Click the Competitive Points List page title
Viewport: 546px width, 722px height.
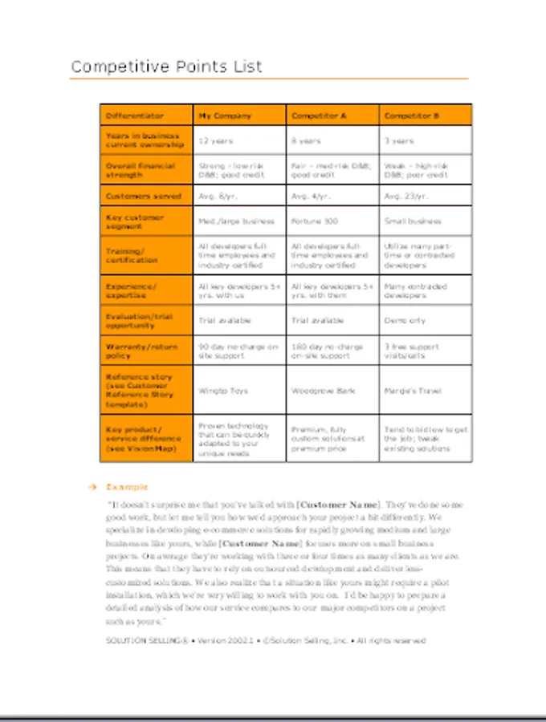pos(166,67)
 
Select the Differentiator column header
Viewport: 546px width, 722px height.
pos(134,116)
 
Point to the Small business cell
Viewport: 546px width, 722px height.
pos(413,221)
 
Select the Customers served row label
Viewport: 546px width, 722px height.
pos(144,196)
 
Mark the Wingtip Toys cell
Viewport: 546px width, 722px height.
pos(222,391)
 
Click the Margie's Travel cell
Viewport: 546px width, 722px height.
pos(413,391)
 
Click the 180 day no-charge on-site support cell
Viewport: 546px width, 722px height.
pos(327,351)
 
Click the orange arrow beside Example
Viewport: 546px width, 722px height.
pos(93,487)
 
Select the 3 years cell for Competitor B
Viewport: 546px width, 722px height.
pos(399,140)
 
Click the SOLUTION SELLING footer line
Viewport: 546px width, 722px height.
pos(265,640)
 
